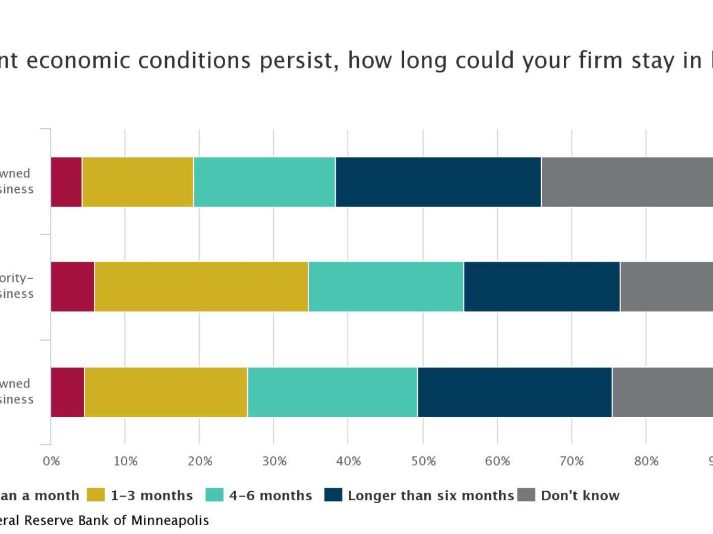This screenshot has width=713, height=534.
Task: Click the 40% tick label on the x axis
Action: coord(348,462)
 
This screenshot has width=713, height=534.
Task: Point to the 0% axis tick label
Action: coord(52,462)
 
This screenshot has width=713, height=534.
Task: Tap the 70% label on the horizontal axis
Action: coord(572,462)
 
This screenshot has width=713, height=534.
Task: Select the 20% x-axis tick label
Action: coord(200,462)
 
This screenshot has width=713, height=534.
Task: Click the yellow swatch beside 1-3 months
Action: coord(96,495)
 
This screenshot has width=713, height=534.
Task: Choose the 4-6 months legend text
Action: coord(269,495)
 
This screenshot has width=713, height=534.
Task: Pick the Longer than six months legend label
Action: coord(430,495)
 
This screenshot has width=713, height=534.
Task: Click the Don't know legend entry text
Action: coord(579,495)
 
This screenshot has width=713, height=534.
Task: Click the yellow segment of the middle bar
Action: coord(201,286)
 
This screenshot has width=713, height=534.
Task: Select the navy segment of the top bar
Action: coord(438,182)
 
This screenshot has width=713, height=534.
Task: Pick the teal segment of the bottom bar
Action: coord(332,392)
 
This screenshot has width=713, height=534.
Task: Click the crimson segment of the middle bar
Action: coord(72,286)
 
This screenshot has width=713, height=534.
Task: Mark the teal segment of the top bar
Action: coord(264,182)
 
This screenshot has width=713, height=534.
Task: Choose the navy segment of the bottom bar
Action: coord(515,392)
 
